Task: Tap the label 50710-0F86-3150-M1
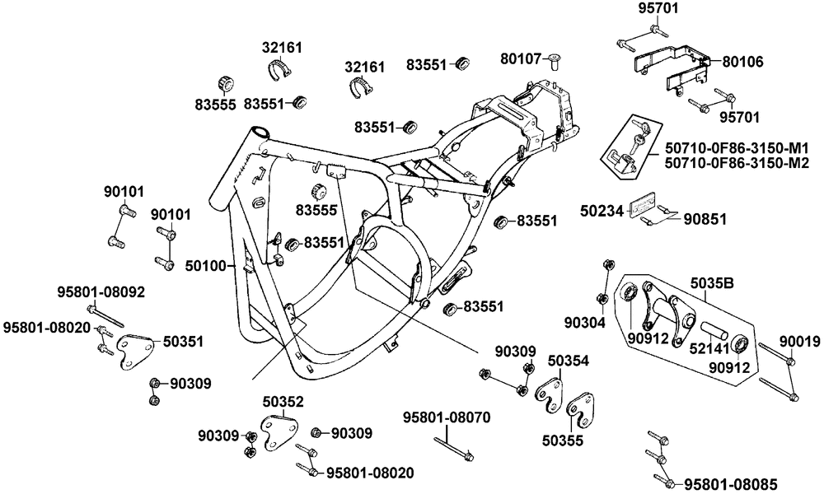pos(737,147)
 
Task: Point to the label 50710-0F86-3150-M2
pos(737,163)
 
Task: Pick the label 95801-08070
pos(447,417)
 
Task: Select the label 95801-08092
pos(101,291)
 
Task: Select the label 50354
pos(568,360)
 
